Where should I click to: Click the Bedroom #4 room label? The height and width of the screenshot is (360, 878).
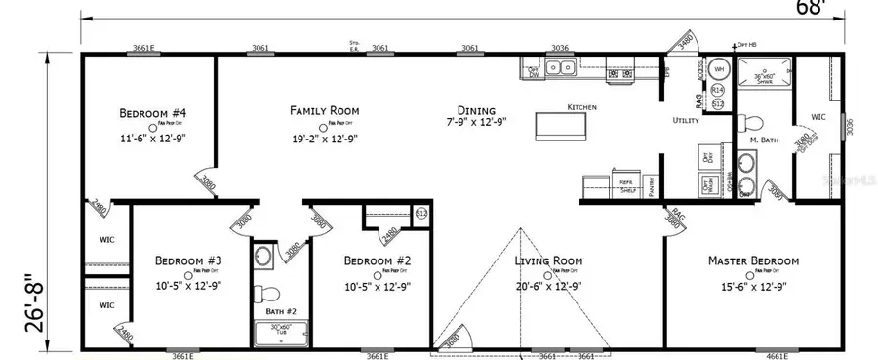point(153,112)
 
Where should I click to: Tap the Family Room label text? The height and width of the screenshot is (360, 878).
point(324,110)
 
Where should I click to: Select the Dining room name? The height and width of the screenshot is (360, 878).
point(471,110)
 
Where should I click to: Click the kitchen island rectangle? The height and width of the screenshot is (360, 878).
point(559,127)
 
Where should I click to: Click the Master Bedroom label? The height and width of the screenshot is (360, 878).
point(754,260)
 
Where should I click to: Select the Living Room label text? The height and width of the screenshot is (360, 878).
point(548,260)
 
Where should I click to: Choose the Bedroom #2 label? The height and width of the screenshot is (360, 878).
point(376,260)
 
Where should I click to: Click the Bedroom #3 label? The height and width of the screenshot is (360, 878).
point(188,260)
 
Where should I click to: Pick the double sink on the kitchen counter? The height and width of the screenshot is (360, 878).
point(559,68)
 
